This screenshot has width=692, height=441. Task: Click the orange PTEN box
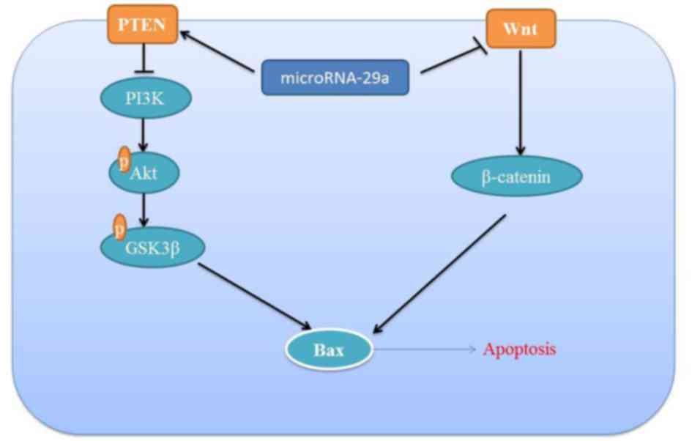pyautogui.click(x=143, y=24)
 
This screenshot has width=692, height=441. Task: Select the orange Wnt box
pyautogui.click(x=521, y=29)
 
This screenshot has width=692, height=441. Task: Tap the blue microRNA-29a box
pyautogui.click(x=335, y=78)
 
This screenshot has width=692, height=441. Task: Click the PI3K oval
pyautogui.click(x=146, y=97)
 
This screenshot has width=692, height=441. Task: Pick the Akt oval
pyautogui.click(x=144, y=173)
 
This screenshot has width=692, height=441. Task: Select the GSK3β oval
pyautogui.click(x=153, y=247)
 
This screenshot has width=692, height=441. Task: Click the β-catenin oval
pyautogui.click(x=517, y=176)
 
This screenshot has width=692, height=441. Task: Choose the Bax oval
pyautogui.click(x=329, y=349)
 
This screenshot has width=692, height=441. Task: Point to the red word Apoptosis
pyautogui.click(x=519, y=349)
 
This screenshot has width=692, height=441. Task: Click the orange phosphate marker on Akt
pyautogui.click(x=124, y=159)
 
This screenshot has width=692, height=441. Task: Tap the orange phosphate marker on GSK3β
pyautogui.click(x=119, y=227)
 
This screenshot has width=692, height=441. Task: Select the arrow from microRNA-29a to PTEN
pyautogui.click(x=217, y=51)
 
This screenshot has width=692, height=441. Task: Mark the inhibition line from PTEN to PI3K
pyautogui.click(x=143, y=58)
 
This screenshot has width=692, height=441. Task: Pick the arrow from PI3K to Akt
pyautogui.click(x=143, y=135)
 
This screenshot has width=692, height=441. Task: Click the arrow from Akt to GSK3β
pyautogui.click(x=143, y=210)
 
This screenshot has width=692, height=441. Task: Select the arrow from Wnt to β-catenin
pyautogui.click(x=521, y=103)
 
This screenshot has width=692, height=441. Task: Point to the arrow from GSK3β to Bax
pyautogui.click(x=255, y=296)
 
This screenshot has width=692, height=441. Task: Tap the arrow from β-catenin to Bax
pyautogui.click(x=439, y=274)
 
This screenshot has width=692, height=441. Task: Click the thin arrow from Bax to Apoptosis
pyautogui.click(x=425, y=349)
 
